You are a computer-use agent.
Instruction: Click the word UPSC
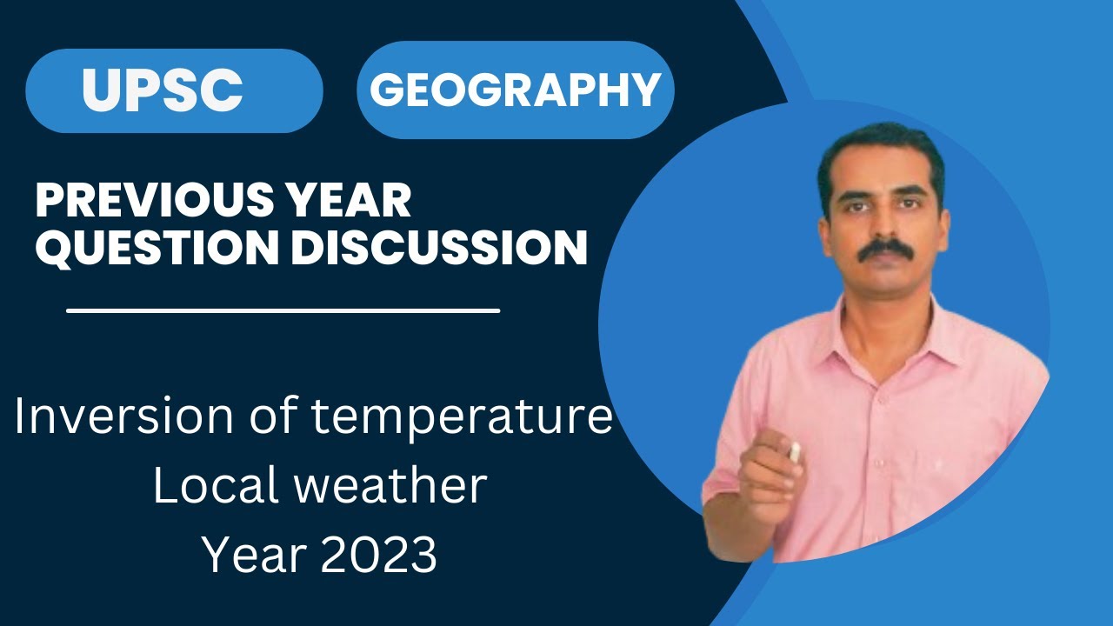pyautogui.click(x=163, y=89)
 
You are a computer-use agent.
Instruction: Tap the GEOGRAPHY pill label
pyautogui.click(x=515, y=90)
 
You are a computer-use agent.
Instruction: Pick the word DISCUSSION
pyautogui.click(x=439, y=248)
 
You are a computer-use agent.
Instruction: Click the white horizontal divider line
pyautogui.click(x=283, y=310)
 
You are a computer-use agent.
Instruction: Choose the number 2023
pyautogui.click(x=379, y=555)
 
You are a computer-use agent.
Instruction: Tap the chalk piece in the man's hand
pyautogui.click(x=795, y=451)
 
